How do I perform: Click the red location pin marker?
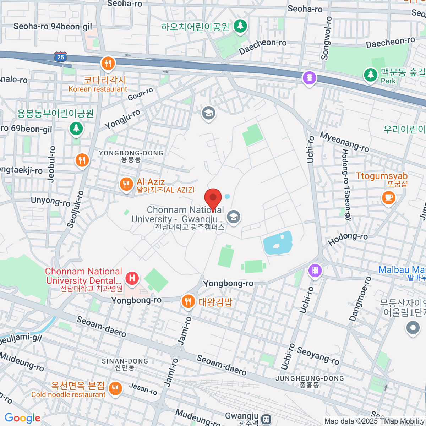point(213,197)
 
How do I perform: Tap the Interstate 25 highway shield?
point(61,57)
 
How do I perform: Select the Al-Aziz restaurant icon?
point(126,184)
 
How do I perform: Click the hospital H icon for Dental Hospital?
point(132,278)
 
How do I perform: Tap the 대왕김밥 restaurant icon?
point(188,301)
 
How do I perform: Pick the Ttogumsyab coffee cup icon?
point(388,197)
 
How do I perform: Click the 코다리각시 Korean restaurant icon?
point(108,64)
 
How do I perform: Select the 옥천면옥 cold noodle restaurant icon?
point(115,389)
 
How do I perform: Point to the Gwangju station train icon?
point(266,419)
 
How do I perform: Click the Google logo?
point(22,418)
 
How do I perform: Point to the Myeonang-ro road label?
point(345,142)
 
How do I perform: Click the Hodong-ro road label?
point(348,239)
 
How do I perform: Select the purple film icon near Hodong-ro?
point(315,271)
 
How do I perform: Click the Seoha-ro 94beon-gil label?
point(53,26)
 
